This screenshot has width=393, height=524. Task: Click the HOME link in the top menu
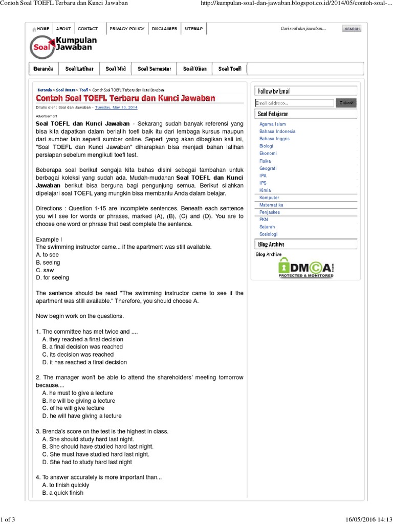pyautogui.click(x=41, y=29)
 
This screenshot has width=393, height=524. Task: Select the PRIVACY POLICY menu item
pyautogui.click(x=127, y=29)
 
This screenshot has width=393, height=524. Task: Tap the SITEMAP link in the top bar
pyautogui.click(x=193, y=29)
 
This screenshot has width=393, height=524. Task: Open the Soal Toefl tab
pyautogui.click(x=230, y=69)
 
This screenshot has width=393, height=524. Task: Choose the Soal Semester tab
pyautogui.click(x=154, y=69)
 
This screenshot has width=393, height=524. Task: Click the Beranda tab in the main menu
pyautogui.click(x=43, y=69)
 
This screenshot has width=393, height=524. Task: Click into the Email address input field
pyautogui.click(x=294, y=103)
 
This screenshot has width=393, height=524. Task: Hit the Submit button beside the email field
pyautogui.click(x=346, y=103)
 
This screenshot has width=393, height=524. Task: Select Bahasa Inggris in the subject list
pyautogui.click(x=274, y=139)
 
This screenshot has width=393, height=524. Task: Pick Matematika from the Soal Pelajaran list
pyautogui.click(x=271, y=205)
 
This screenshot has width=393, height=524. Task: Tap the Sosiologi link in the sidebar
pyautogui.click(x=269, y=234)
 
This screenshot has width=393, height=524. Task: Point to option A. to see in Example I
pyautogui.click(x=47, y=254)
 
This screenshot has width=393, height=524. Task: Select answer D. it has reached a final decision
pyautogui.click(x=84, y=362)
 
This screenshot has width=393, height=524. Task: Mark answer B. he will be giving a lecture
pyautogui.click(x=78, y=401)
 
